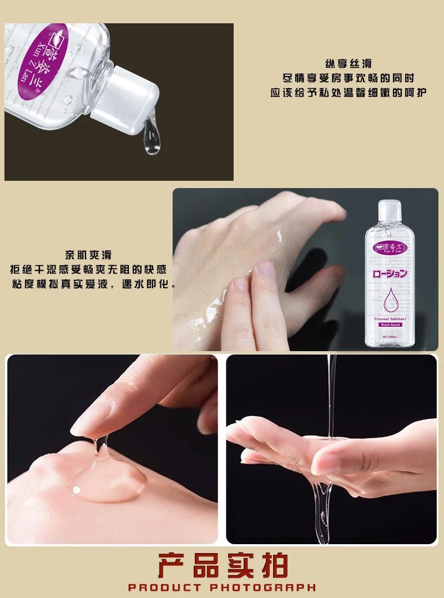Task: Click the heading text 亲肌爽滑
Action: pos(88,255)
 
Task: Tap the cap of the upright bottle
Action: pos(390,210)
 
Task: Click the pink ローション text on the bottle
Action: pos(390,273)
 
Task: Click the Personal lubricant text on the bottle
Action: pos(390,318)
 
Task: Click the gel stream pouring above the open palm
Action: pos(331,394)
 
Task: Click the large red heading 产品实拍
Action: pos(223,566)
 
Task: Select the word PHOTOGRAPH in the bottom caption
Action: pos(263,587)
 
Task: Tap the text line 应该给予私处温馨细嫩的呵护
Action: pos(347,93)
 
